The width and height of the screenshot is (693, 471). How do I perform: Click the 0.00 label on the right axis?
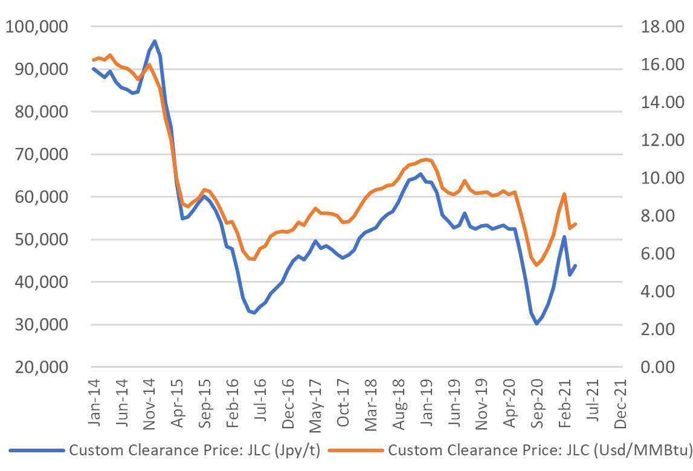(658, 367)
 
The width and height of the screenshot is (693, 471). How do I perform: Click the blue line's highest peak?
(155, 41)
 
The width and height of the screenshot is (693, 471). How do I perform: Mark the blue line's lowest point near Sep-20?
(536, 324)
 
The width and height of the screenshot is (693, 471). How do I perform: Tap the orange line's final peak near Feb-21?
(564, 194)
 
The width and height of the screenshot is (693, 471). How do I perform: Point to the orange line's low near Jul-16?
(254, 259)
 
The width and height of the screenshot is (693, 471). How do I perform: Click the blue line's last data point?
(575, 266)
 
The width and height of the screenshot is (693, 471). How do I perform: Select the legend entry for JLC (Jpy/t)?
(193, 450)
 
